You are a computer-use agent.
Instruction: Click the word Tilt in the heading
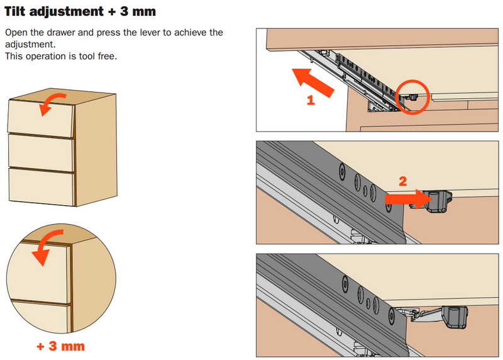[x=14, y=11]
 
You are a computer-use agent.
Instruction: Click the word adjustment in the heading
[x=67, y=12]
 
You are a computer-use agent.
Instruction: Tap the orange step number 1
[x=311, y=100]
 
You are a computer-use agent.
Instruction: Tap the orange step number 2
[x=403, y=181]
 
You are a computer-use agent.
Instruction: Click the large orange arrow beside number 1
[x=313, y=82]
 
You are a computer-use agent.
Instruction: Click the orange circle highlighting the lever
[x=412, y=97]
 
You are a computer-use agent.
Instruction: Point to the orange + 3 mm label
[x=60, y=346]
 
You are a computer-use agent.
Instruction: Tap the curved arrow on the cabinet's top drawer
[x=53, y=104]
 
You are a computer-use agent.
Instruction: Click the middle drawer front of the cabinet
[x=41, y=153]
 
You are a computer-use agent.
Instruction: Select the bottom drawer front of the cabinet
[x=41, y=187]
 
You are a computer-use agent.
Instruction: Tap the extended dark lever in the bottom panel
[x=455, y=318]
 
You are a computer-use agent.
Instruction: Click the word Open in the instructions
[x=16, y=33]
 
